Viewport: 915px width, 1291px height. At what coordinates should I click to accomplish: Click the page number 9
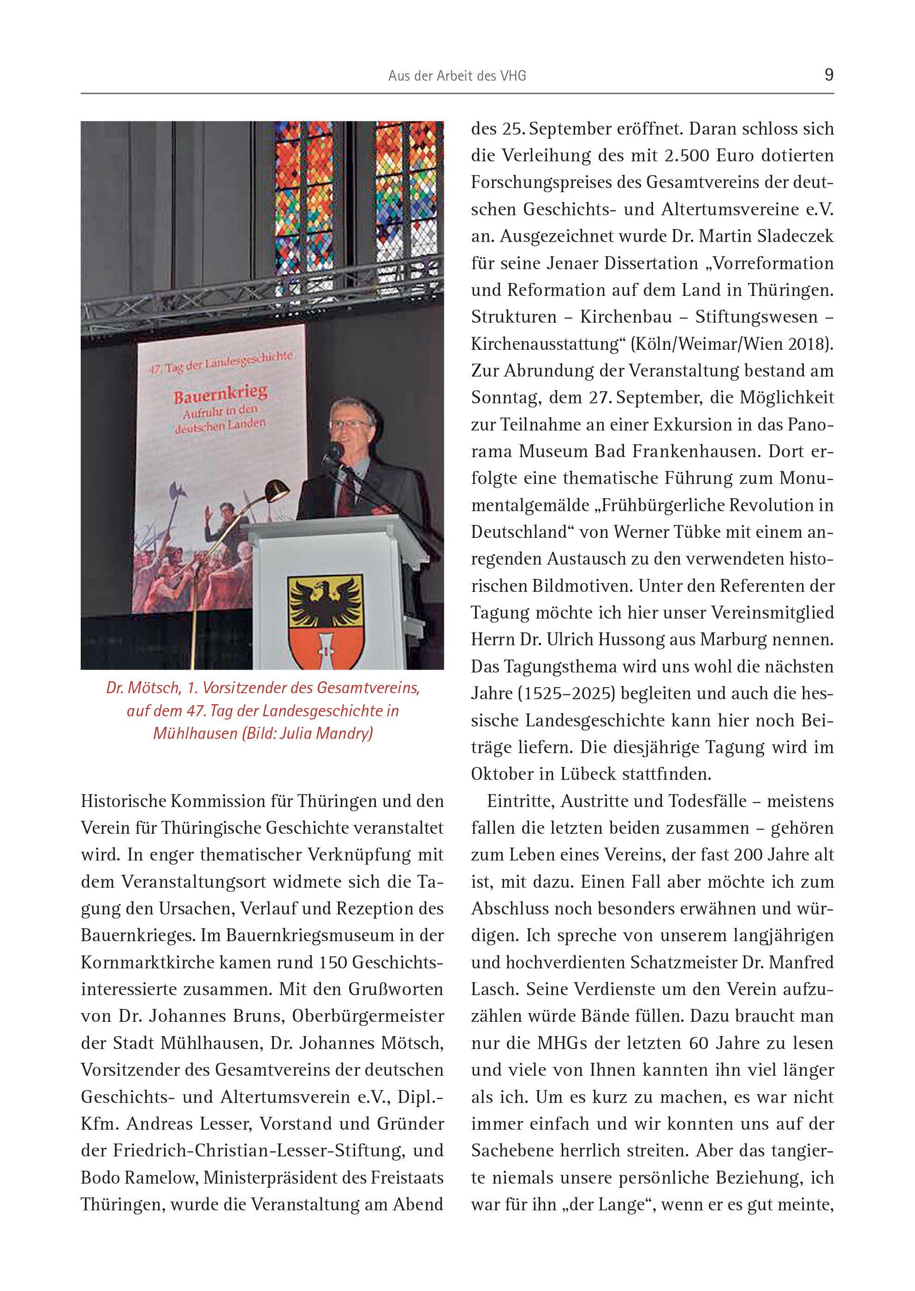(x=828, y=75)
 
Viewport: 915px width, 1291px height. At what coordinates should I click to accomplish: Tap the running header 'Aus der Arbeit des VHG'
(x=457, y=76)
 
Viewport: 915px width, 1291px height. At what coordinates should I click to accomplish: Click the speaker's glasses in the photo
(x=347, y=424)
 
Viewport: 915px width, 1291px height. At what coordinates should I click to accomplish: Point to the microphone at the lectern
(x=336, y=450)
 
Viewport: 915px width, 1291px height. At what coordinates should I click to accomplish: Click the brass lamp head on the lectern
(x=277, y=490)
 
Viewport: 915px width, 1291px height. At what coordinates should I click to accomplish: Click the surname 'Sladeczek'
(x=795, y=236)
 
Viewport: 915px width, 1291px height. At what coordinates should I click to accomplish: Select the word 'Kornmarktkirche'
(x=147, y=962)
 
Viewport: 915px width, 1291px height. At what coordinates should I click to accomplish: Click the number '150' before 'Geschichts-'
(x=333, y=962)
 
